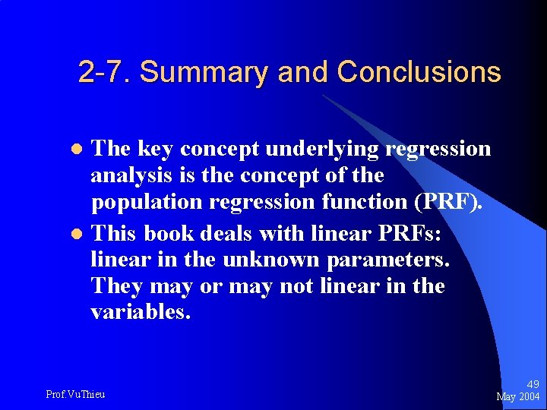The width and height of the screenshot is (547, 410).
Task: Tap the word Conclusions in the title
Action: (x=419, y=72)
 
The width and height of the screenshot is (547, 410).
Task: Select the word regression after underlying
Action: (x=438, y=149)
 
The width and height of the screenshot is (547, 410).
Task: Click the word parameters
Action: (x=388, y=260)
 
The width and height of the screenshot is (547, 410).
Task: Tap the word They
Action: (x=115, y=287)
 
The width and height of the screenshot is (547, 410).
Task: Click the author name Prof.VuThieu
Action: (x=75, y=394)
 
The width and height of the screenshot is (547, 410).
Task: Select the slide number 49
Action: (x=532, y=385)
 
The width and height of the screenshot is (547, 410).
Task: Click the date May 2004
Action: (x=517, y=397)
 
